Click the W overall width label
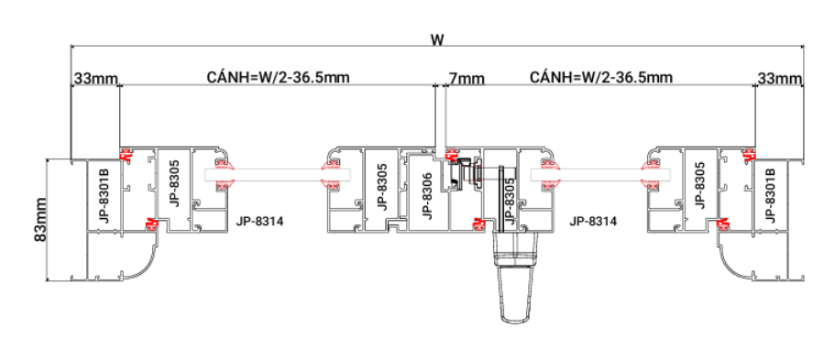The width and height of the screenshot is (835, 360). coord(436,40)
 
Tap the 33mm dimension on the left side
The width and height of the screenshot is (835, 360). coord(96,79)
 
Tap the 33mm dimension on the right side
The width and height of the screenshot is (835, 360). coord(780,79)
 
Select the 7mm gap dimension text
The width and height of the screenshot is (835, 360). coord(467,80)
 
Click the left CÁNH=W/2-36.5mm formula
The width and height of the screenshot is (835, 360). coord(278,77)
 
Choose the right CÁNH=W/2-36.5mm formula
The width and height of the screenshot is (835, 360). coord(601,77)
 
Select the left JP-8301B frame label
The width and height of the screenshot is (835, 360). coord(104,195)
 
